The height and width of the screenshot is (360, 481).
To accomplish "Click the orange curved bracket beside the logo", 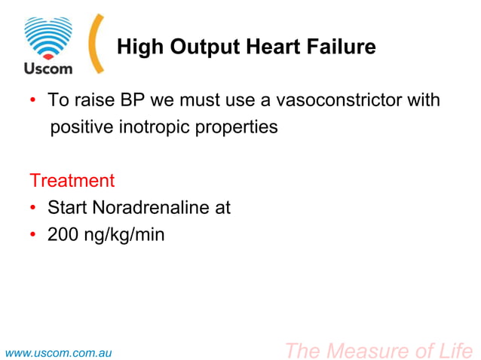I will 95,44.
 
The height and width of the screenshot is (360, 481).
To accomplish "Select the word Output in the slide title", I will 207,47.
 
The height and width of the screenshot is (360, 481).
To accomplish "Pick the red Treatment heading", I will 72,181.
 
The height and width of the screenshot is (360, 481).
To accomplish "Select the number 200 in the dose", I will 63,235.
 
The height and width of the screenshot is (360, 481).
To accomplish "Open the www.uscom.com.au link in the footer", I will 59,352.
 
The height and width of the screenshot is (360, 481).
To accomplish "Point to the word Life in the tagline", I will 456,350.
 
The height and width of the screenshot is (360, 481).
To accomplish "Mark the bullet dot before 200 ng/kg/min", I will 33,235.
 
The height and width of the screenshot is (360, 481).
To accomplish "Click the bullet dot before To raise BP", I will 33,100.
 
